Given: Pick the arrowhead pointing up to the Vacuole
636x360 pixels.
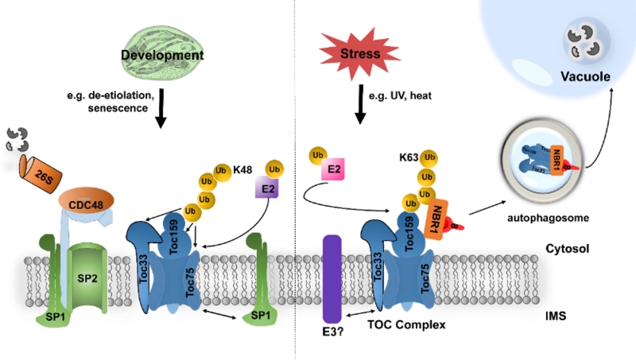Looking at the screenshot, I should coord(611,91).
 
